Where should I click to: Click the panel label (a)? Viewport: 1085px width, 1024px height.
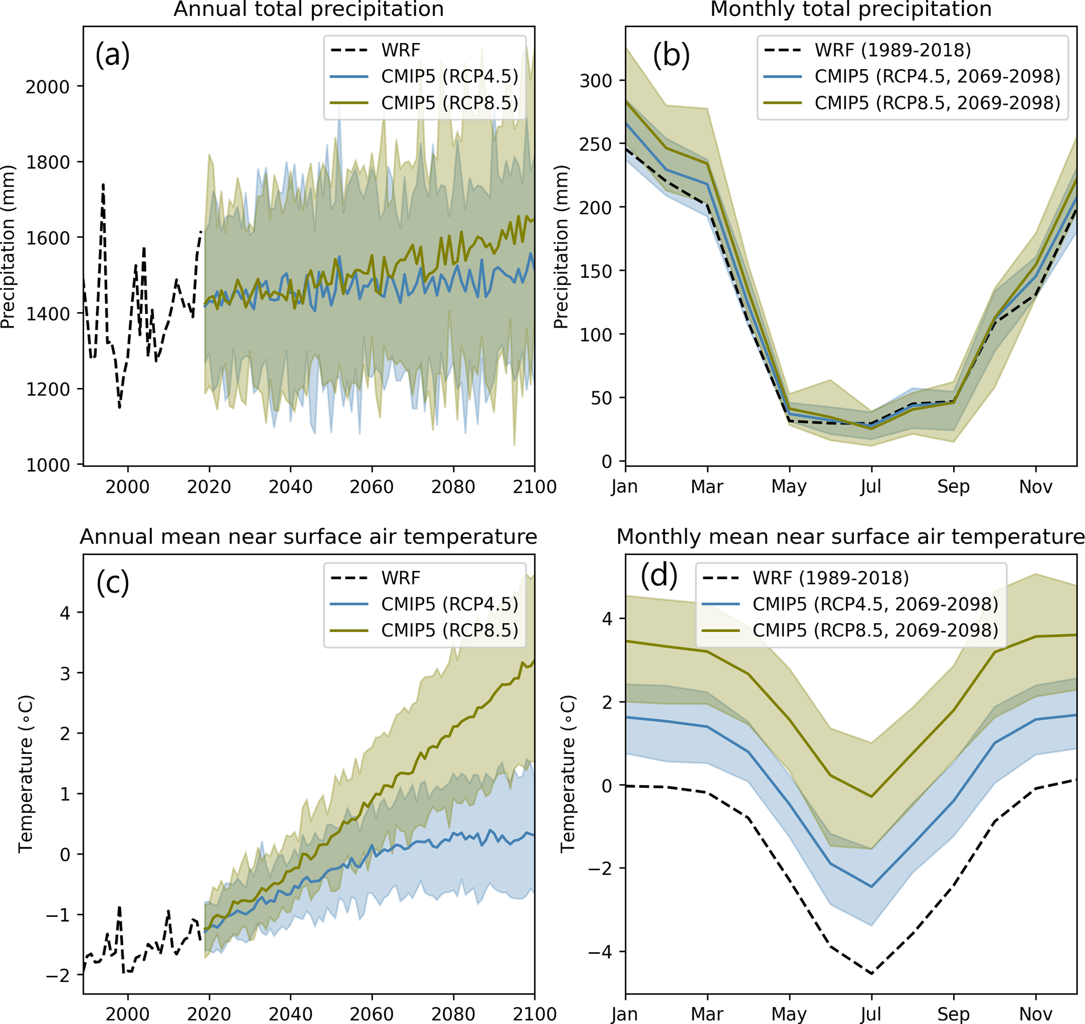pos(112,55)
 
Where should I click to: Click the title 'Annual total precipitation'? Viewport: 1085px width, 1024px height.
pos(309,10)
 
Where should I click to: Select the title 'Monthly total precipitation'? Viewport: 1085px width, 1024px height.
pos(851,10)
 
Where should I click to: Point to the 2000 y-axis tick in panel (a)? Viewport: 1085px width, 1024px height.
pos(48,87)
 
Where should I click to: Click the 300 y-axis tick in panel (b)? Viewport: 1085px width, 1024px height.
pos(596,81)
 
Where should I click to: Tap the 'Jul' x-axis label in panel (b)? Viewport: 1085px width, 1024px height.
pos(871,486)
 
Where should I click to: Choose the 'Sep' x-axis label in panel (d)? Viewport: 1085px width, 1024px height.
pos(953,1014)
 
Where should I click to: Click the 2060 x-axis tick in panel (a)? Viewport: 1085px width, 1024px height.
pos(371,486)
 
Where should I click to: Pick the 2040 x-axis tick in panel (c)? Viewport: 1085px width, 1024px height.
pos(290,1014)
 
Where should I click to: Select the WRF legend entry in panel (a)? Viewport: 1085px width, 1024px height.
pos(401,50)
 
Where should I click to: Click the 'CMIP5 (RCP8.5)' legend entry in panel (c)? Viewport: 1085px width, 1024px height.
pos(449,631)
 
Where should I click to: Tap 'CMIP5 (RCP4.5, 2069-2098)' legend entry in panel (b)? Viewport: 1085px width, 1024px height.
pos(937,77)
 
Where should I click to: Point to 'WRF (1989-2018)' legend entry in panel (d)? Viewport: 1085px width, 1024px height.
pos(830,578)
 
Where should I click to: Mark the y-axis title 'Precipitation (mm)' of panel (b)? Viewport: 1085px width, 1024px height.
pos(561,246)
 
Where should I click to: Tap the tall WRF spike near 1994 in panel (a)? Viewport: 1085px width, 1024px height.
pos(103,186)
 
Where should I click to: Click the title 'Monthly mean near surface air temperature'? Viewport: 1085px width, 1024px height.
pos(850,537)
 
